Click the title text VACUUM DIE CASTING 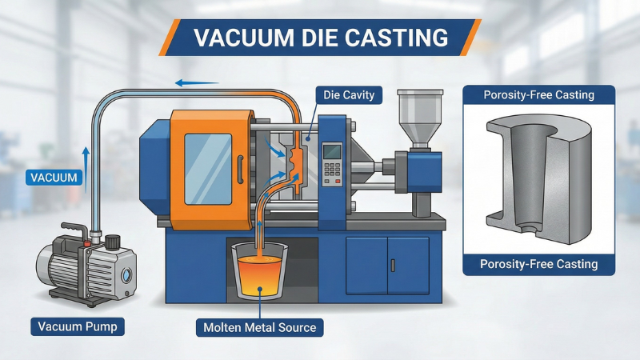click(x=321, y=38)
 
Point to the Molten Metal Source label click(x=258, y=327)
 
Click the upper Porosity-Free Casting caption click(x=538, y=95)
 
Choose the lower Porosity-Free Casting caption click(x=538, y=264)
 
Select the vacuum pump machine click(x=84, y=265)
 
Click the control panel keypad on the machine click(x=331, y=163)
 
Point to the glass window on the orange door click(x=208, y=163)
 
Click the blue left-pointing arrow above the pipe click(x=197, y=82)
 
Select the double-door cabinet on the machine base click(x=389, y=263)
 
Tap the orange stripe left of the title click(x=167, y=38)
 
